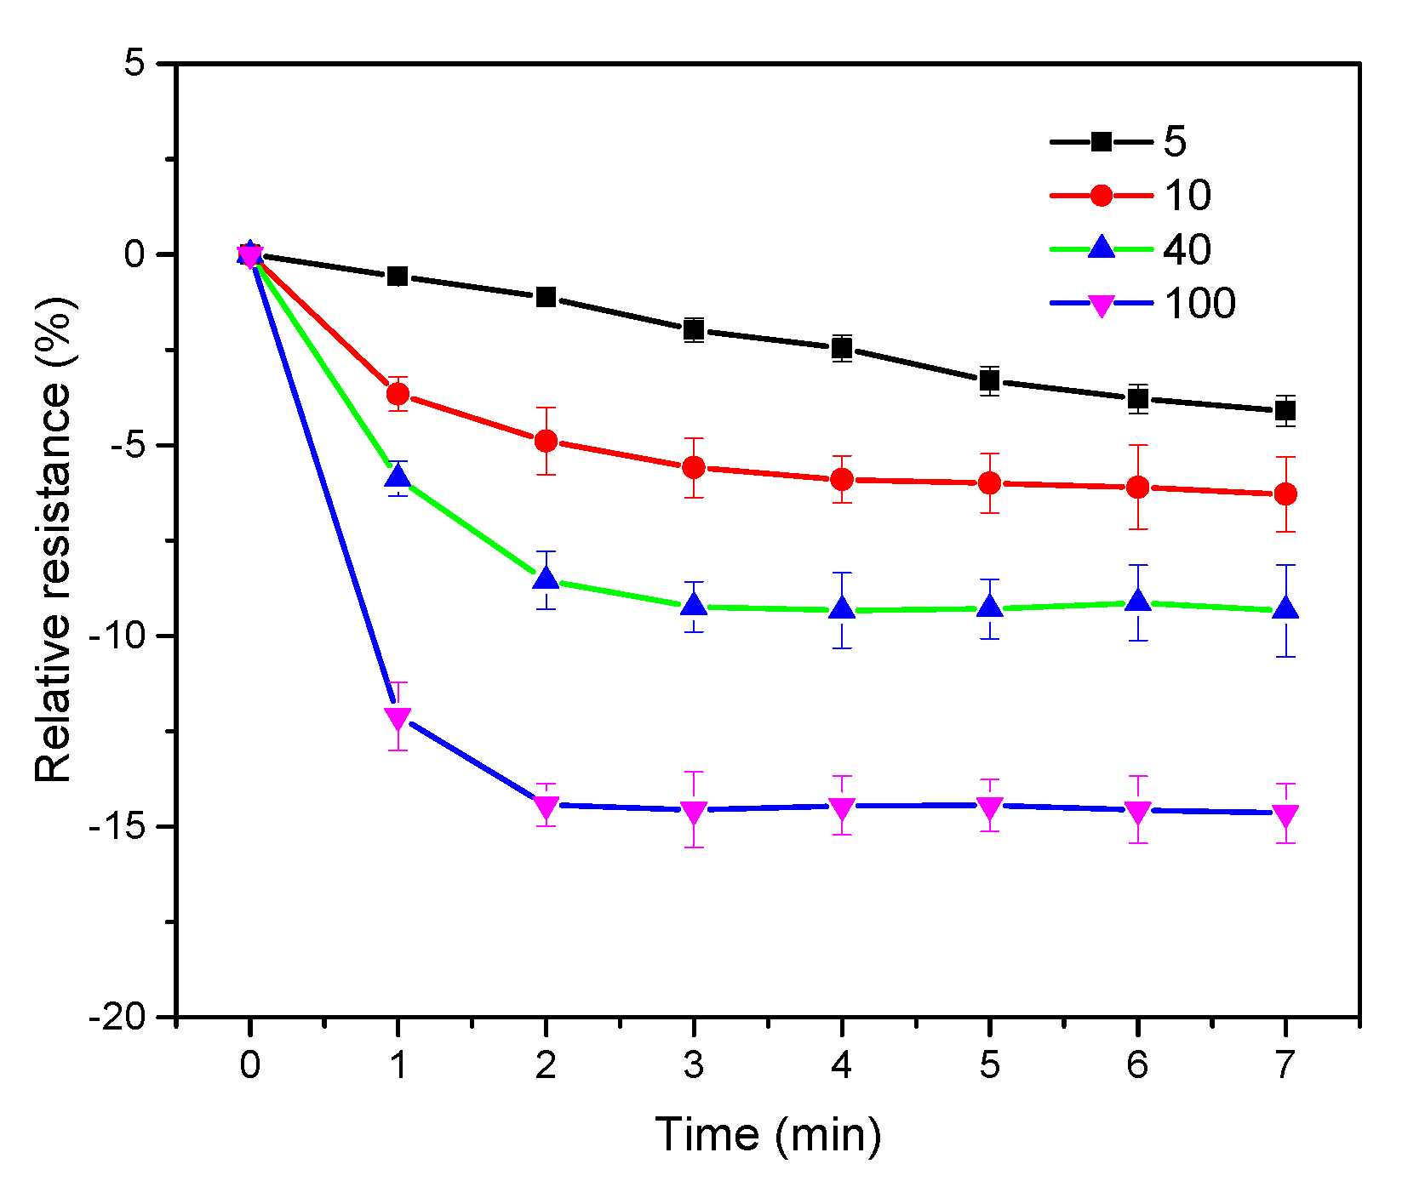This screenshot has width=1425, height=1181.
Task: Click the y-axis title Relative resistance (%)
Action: (54, 539)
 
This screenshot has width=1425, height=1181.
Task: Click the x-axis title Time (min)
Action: (768, 1134)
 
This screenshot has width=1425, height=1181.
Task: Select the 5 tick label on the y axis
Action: (134, 64)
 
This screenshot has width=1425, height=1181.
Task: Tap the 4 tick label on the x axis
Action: (841, 1064)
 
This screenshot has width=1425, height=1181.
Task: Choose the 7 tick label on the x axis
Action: (1285, 1064)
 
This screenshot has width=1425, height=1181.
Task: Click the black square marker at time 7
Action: (1285, 411)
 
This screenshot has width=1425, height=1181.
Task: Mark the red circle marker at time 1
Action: (398, 394)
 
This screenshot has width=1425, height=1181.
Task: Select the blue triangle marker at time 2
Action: (546, 579)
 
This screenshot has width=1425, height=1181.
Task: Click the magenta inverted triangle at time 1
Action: (398, 718)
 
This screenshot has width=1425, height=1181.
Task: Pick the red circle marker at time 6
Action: (1137, 487)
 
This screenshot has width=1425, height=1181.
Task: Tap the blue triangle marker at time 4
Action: (841, 608)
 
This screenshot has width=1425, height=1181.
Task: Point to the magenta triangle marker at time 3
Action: (694, 812)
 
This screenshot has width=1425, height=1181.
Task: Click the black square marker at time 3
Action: (694, 329)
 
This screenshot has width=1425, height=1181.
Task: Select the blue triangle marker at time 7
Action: (1285, 608)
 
